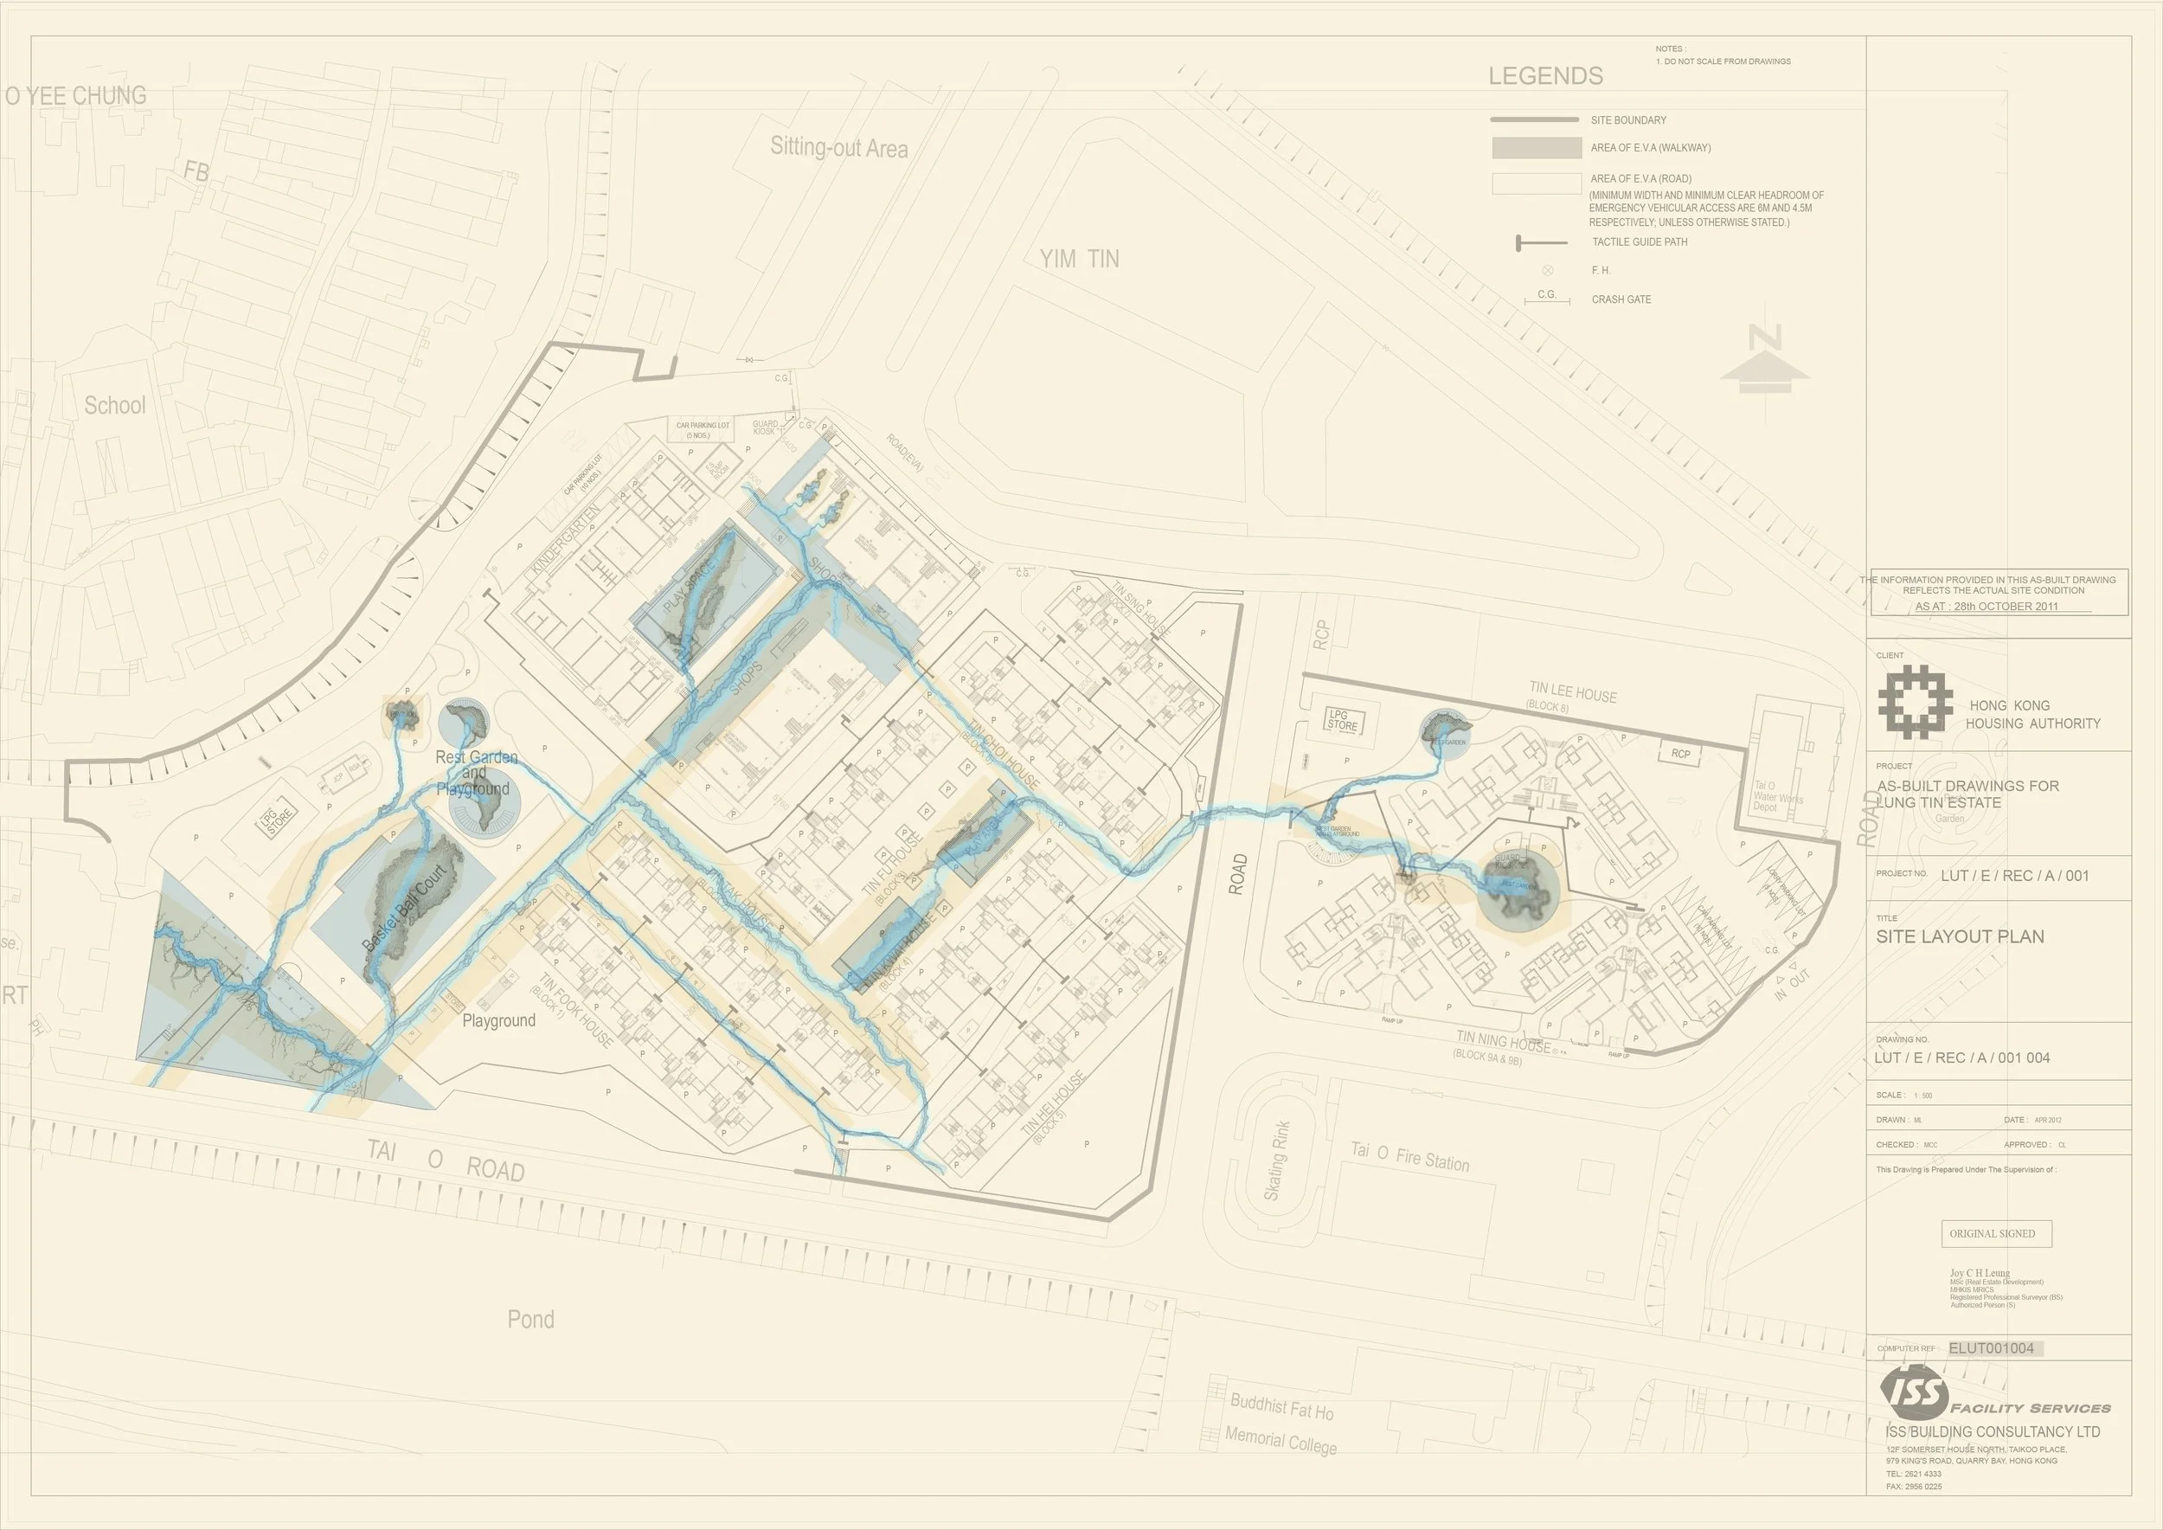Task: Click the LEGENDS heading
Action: (1545, 76)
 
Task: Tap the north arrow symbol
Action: (1763, 361)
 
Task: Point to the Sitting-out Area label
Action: (838, 148)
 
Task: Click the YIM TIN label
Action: (1080, 259)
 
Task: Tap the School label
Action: (115, 406)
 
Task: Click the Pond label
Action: (530, 1319)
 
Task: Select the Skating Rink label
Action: (1275, 1160)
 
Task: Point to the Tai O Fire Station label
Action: (1409, 1156)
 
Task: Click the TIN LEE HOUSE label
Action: (1572, 694)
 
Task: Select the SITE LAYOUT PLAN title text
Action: (1960, 936)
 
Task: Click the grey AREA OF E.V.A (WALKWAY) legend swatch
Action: (1536, 148)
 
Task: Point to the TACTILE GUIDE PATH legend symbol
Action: (1541, 243)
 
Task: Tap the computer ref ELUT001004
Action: (1991, 1348)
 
